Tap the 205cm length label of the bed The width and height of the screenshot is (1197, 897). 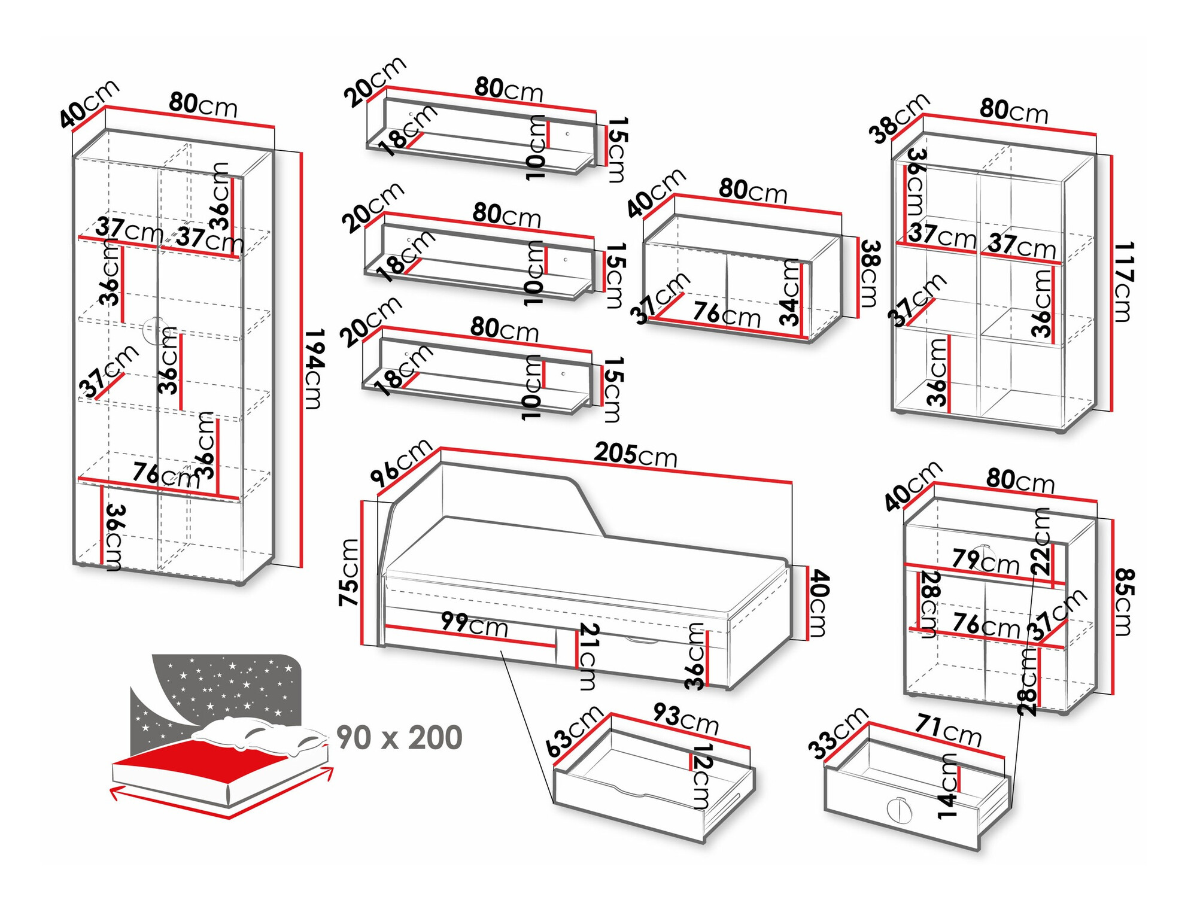point(636,455)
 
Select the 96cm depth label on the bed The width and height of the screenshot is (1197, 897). point(401,461)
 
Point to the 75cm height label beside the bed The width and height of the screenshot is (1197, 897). point(349,572)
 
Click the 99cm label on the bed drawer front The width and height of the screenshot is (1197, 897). point(475,625)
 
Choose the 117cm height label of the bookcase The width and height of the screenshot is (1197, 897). point(1123,281)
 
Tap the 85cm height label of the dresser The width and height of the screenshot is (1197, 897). point(1125,602)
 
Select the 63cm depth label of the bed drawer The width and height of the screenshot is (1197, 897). point(574,731)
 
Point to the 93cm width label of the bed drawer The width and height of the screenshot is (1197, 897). point(686,718)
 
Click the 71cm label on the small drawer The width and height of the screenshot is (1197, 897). point(948,731)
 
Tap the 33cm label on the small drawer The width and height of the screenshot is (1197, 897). point(837,732)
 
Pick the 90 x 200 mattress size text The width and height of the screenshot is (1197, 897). point(399,737)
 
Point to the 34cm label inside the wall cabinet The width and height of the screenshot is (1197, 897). point(791,293)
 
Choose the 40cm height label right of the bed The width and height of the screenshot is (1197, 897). point(818,603)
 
